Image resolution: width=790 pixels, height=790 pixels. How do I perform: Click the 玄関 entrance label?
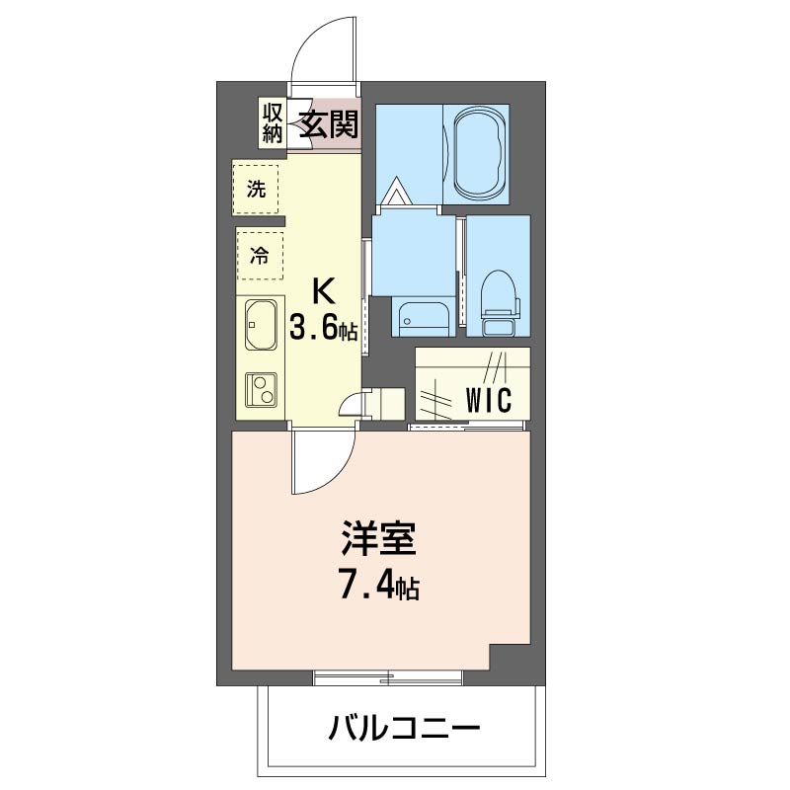pyautogui.click(x=323, y=123)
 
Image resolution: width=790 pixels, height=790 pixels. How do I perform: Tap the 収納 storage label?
pyautogui.click(x=273, y=122)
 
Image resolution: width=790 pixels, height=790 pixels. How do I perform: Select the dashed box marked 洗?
pyautogui.click(x=256, y=190)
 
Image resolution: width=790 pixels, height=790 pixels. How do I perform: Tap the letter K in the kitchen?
pyautogui.click(x=323, y=290)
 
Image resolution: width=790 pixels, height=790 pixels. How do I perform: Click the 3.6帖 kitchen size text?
pyautogui.click(x=323, y=329)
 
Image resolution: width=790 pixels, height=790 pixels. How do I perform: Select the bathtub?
pyautogui.click(x=478, y=153)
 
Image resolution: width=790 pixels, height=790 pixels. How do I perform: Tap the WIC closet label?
pyautogui.click(x=487, y=400)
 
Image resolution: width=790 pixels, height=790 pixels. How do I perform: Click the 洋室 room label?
pyautogui.click(x=379, y=543)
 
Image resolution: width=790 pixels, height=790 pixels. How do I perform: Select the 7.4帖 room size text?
pyautogui.click(x=379, y=589)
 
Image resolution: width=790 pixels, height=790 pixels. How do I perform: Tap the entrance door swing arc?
pyautogui.click(x=321, y=49)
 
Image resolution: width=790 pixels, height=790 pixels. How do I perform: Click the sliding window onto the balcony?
pyautogui.click(x=388, y=677)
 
